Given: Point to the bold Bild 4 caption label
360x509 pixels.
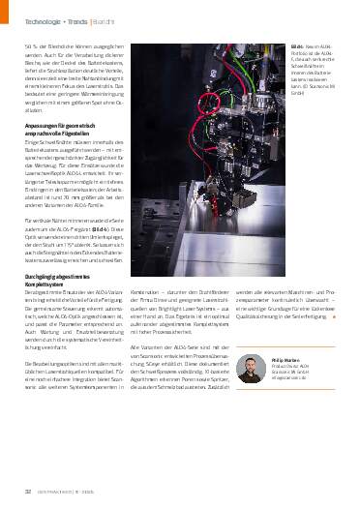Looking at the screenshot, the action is [x=309, y=45].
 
